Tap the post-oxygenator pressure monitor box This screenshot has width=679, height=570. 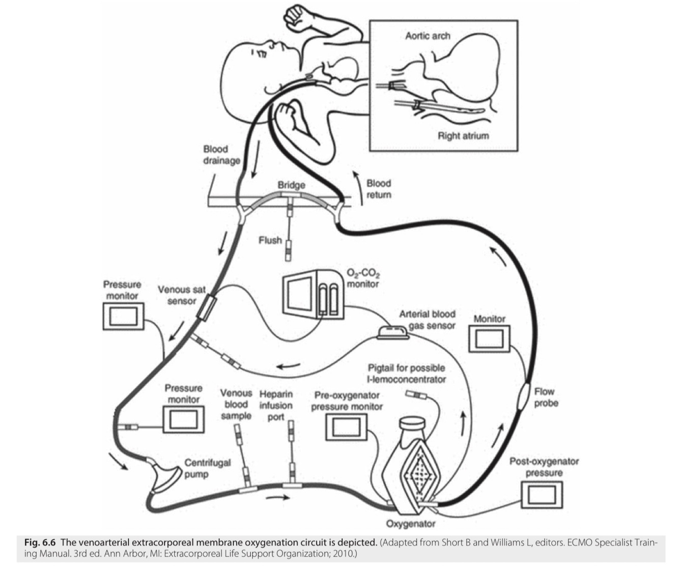tap(542, 494)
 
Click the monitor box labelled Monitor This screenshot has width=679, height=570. tap(489, 338)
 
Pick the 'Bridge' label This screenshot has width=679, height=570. tap(291, 185)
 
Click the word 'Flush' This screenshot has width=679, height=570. tap(270, 240)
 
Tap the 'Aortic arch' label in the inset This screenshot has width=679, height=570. tap(428, 36)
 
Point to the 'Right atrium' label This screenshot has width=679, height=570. tap(463, 136)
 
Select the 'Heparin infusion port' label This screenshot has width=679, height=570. tap(276, 405)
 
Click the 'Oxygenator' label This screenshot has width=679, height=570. tap(411, 523)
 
